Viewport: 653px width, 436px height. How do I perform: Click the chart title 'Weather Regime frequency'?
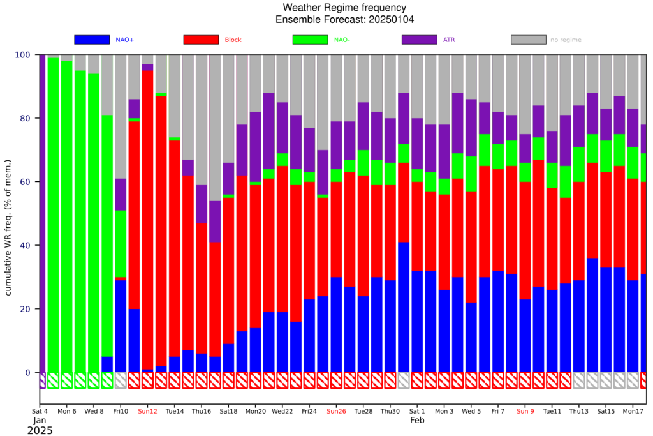click(344, 8)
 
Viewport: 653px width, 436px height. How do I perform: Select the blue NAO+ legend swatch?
click(92, 40)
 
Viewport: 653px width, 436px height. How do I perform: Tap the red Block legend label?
click(233, 40)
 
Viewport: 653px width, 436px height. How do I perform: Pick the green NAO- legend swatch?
click(311, 40)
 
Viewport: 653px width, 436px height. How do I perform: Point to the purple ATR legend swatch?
click(420, 40)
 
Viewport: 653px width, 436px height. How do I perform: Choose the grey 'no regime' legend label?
click(566, 40)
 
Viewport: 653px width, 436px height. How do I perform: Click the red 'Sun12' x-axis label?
click(147, 411)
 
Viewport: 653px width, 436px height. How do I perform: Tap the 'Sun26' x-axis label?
click(336, 411)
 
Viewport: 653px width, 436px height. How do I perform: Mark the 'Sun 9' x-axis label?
click(525, 411)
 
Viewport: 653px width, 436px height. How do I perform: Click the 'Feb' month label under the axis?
click(417, 420)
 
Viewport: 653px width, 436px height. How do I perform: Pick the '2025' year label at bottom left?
click(40, 431)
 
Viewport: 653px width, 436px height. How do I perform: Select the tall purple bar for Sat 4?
click(43, 213)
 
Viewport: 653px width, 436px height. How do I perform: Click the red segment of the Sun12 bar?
click(148, 220)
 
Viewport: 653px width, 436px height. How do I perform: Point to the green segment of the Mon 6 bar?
click(66, 217)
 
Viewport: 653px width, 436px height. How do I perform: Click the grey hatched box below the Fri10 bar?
click(121, 380)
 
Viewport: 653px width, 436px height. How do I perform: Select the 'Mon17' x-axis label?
click(633, 411)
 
